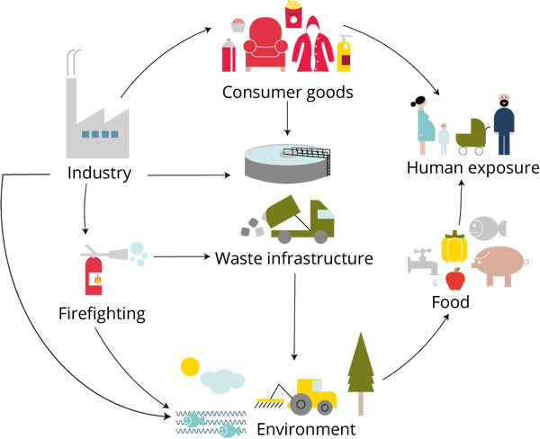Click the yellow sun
[x=190, y=366]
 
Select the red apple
[x=454, y=280]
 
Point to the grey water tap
[x=420, y=262]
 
